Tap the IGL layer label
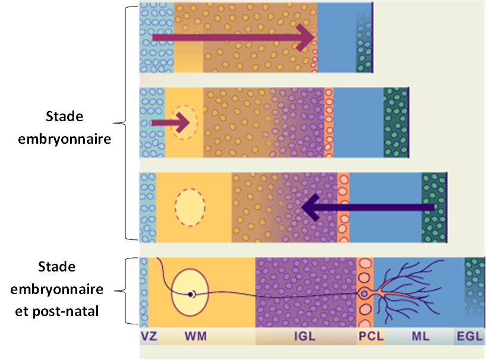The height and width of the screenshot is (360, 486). point(305,337)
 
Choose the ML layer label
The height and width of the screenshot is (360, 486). point(420,337)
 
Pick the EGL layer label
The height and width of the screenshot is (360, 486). point(470,337)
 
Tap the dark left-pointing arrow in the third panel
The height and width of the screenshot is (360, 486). point(368,207)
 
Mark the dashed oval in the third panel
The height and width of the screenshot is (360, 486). point(190,207)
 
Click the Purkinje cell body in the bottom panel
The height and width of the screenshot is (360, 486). point(364,293)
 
